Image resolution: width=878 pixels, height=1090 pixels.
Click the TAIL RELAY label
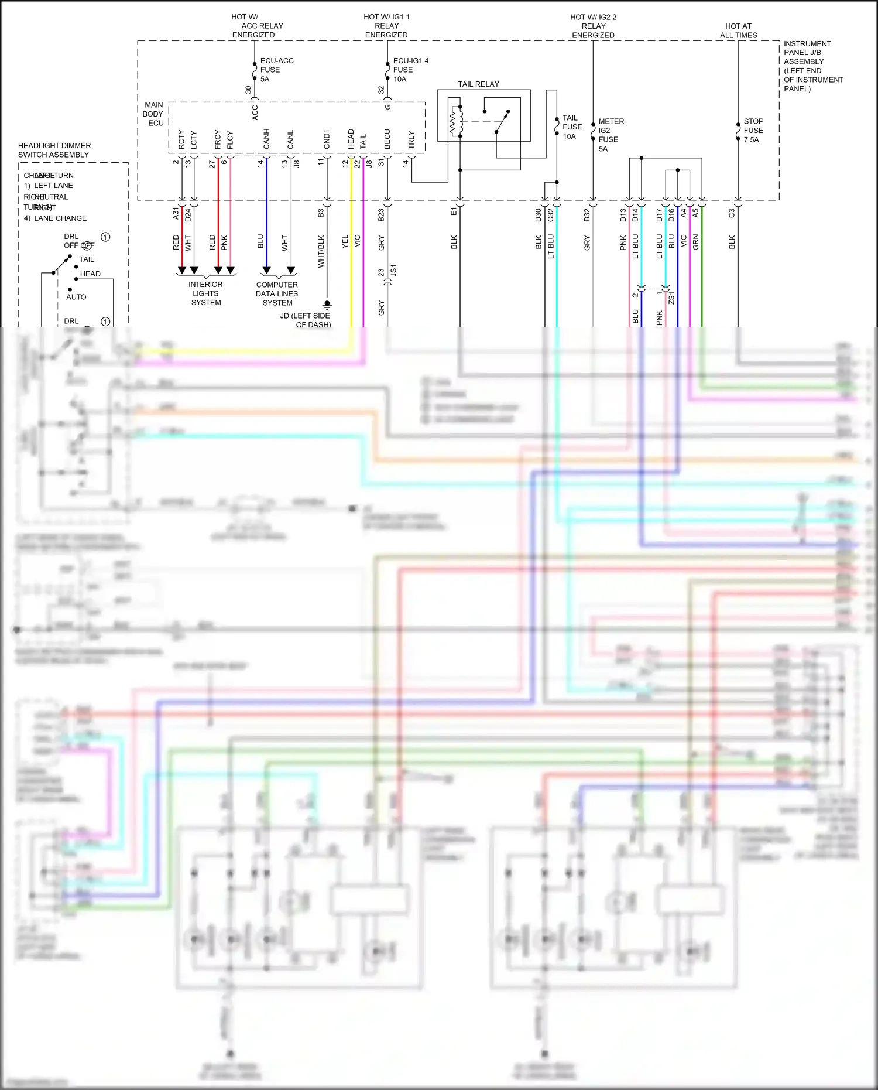click(478, 84)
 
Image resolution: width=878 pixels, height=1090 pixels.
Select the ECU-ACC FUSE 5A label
click(276, 70)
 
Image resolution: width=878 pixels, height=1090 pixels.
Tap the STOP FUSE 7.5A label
click(753, 131)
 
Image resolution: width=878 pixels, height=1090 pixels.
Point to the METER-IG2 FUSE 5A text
click(612, 135)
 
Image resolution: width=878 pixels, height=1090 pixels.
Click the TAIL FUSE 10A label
click(571, 127)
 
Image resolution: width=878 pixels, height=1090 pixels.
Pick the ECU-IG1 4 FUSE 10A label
click(410, 70)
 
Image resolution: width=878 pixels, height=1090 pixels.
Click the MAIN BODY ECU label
click(153, 114)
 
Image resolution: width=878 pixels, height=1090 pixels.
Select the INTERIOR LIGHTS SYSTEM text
click(205, 293)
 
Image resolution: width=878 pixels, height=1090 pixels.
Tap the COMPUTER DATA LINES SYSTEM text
click(277, 293)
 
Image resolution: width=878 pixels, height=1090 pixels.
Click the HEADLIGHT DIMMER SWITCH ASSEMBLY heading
click(54, 150)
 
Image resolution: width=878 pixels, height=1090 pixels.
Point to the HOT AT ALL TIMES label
click(738, 30)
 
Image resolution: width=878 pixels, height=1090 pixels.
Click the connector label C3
click(732, 214)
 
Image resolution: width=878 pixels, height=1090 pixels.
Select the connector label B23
click(381, 215)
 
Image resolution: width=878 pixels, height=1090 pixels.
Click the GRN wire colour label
click(696, 242)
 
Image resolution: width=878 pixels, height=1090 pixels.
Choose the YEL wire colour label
click(345, 242)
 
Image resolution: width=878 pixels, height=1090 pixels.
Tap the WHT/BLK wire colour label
click(321, 252)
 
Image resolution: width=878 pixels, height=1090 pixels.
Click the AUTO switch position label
click(76, 297)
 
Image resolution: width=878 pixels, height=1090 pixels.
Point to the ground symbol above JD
click(327, 305)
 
